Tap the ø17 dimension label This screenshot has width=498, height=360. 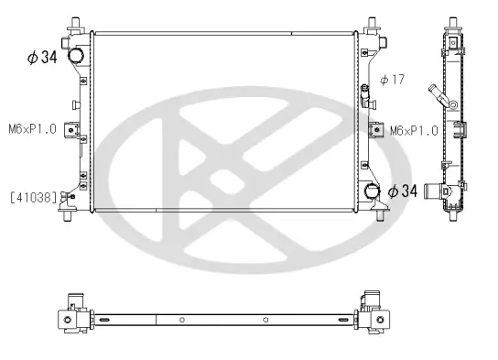point(392,80)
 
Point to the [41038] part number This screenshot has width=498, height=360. point(34,196)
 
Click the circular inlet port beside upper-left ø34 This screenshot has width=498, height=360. point(75,55)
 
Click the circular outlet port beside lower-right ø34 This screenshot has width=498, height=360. point(373,191)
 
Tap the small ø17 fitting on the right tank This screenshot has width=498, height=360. point(366,92)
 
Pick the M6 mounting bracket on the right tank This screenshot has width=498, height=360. point(375,130)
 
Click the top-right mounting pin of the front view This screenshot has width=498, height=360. point(374,22)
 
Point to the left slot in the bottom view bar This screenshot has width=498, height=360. point(104,320)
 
